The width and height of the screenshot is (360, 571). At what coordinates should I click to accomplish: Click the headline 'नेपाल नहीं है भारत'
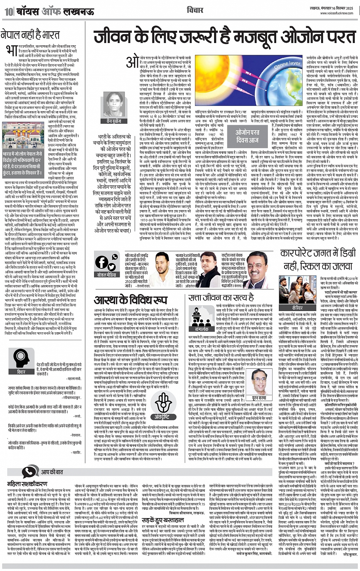[x=30, y=36]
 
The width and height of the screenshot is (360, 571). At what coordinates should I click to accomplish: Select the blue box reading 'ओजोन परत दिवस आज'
[x=247, y=136]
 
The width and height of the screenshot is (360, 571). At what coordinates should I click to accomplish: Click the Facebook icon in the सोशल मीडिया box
[x=102, y=262]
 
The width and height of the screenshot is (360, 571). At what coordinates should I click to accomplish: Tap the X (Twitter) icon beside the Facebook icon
[x=112, y=262]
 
